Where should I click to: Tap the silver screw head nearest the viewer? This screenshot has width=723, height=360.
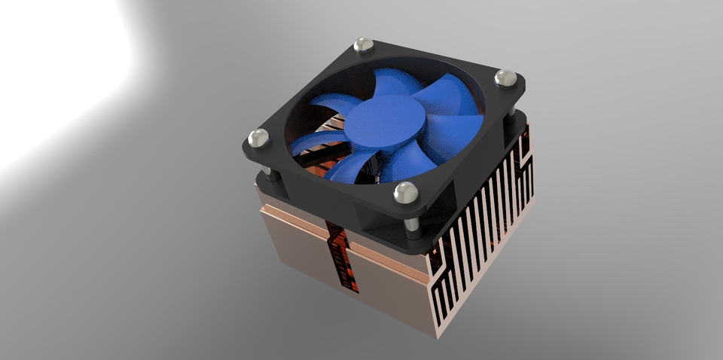pos(405,193)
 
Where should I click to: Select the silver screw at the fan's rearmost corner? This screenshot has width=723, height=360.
pos(364,46)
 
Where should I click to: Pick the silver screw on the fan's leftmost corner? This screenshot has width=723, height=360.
pos(258,138)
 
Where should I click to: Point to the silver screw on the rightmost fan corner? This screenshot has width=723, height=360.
pos(505,78)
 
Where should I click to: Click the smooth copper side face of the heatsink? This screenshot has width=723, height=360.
pos(301,241)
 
